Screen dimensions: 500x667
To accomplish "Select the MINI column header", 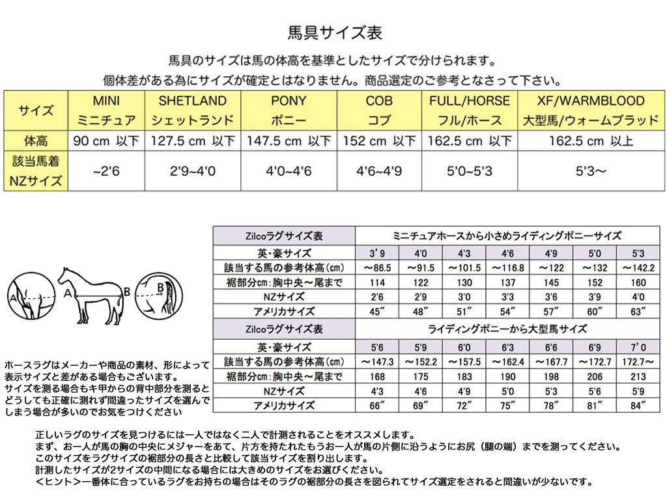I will point(106,110).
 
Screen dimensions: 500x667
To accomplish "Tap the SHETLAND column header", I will point(193,110).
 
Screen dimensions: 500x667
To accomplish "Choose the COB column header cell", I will point(379,110).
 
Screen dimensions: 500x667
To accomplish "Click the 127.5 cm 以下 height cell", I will point(193,141).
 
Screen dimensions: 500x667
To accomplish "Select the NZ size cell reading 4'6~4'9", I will point(379,172).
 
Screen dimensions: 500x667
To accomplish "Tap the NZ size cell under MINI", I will point(106,172).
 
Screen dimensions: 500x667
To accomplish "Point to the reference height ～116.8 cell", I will point(508,268).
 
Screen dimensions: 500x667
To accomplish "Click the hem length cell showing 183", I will point(464,376).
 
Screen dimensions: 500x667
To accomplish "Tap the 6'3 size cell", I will point(508,347).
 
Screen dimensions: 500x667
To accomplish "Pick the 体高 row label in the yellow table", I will point(36,141).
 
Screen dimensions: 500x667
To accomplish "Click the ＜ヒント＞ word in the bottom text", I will point(59,482).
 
